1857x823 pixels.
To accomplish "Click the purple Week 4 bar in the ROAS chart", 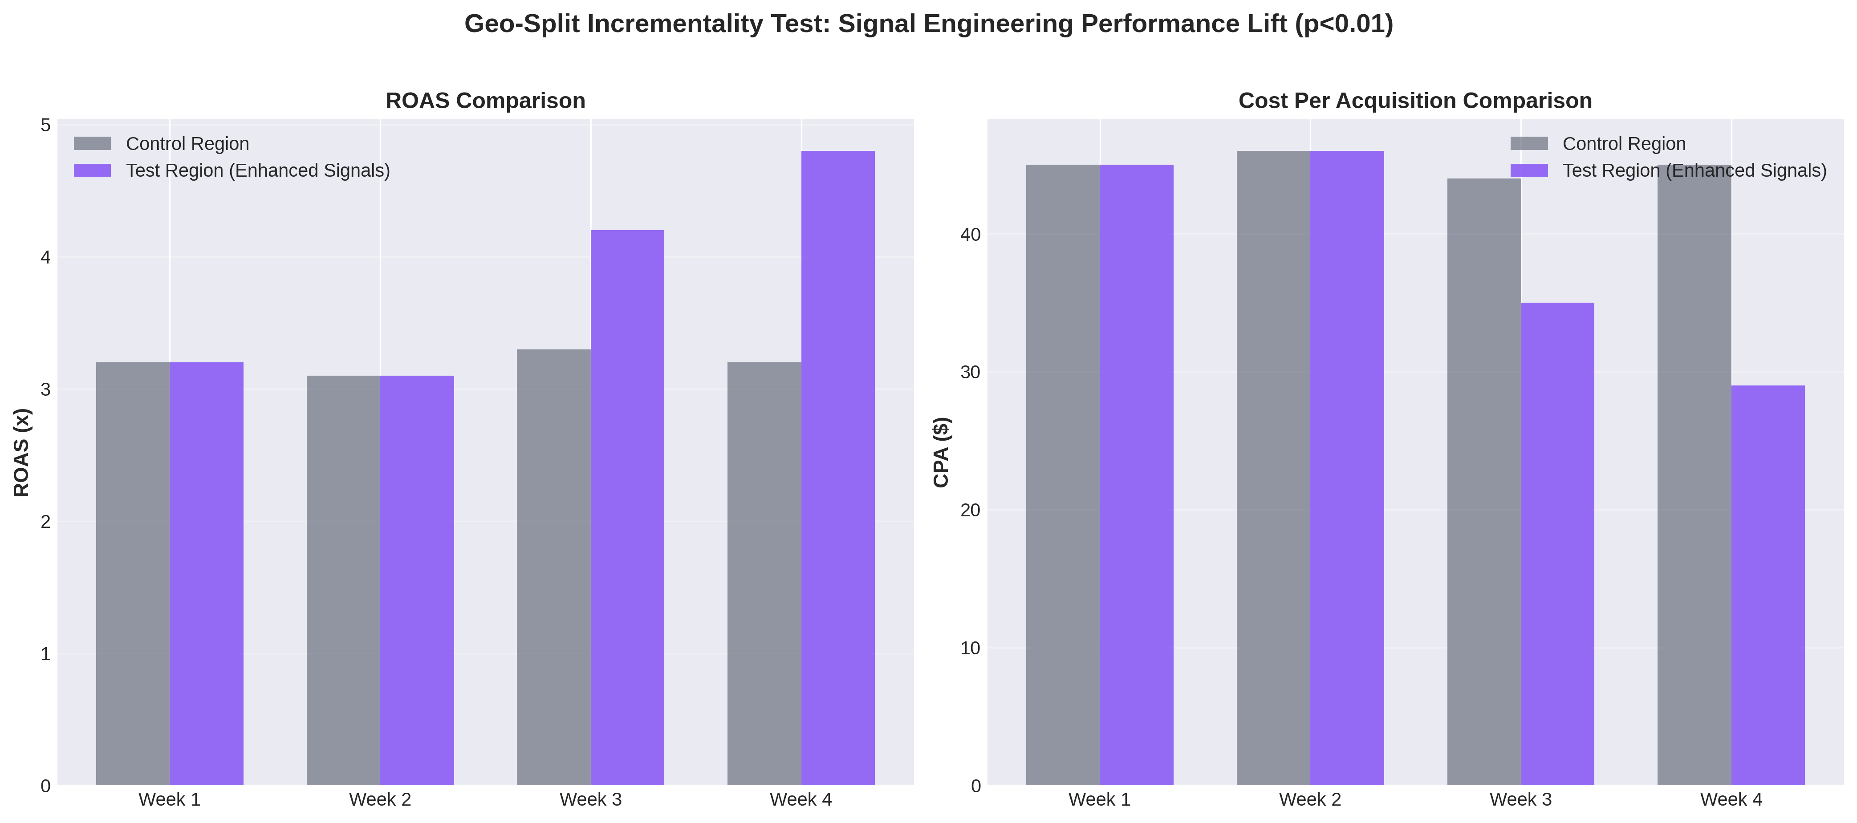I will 837,468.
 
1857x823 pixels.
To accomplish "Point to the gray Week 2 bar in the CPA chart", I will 1273,468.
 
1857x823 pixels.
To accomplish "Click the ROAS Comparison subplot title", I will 485,101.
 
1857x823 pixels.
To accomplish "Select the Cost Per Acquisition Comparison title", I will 1414,101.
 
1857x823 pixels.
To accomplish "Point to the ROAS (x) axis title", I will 22,453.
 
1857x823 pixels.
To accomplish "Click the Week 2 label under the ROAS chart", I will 380,799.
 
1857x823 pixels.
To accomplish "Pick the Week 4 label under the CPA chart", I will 1731,799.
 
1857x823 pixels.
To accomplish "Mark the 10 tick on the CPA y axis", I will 970,648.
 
